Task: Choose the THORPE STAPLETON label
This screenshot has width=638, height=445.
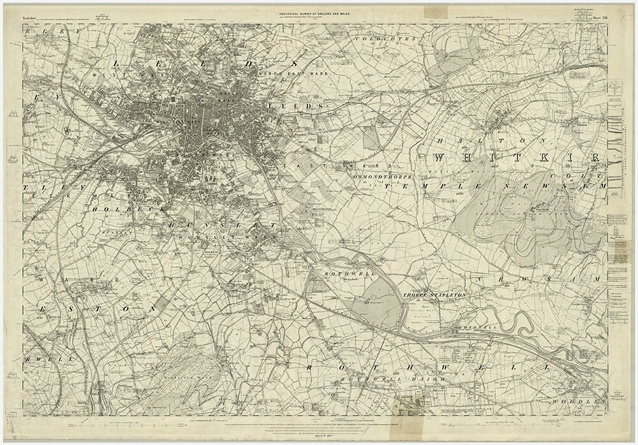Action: tap(436, 295)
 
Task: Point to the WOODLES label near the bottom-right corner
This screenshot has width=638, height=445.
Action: tap(577, 402)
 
